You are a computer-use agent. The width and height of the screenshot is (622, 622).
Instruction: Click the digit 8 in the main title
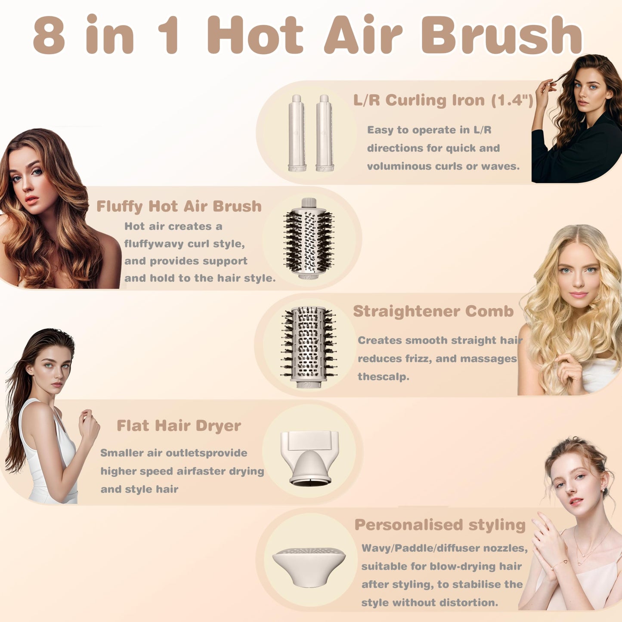[49, 35]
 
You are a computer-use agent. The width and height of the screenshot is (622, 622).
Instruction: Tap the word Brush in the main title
[501, 35]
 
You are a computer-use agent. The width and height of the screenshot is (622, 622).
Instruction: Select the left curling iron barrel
[297, 133]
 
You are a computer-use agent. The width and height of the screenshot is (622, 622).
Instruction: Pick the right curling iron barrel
[324, 133]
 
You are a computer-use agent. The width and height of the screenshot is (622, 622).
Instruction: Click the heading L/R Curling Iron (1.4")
[443, 100]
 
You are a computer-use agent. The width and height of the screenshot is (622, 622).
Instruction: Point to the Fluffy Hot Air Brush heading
[179, 206]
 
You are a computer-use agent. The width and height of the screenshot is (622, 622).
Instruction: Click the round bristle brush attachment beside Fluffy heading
[308, 239]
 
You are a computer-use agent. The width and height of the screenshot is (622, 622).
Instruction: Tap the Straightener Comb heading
[433, 311]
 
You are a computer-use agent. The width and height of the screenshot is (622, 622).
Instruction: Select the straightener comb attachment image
[308, 347]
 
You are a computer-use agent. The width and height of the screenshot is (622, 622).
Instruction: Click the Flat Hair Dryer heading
[179, 426]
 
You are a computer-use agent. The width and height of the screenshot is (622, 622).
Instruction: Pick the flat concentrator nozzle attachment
[309, 457]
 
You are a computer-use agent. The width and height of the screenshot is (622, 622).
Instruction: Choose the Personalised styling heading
[440, 525]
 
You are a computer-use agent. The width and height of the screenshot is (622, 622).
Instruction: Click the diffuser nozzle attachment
[309, 566]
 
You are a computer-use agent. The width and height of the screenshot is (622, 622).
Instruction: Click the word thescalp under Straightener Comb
[383, 377]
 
